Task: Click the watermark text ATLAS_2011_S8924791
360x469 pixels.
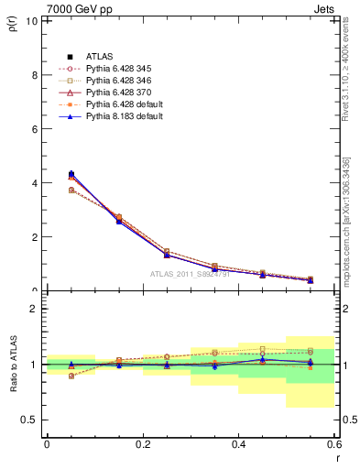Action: (x=191, y=273)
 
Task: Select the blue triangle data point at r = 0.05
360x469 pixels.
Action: (x=71, y=173)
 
